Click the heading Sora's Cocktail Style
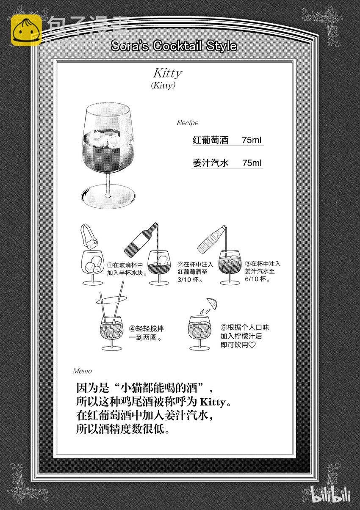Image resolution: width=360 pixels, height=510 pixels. pos(174,46)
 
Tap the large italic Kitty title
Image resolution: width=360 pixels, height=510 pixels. pos(168,73)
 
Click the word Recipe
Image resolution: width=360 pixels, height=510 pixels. pos(187,123)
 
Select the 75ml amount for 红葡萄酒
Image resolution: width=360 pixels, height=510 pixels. pos(252,140)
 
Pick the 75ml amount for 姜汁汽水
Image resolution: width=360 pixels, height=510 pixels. pos(252,163)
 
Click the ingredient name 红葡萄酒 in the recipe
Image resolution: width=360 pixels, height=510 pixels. pos(210,140)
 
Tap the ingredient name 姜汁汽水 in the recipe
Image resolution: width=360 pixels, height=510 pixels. pos(210,163)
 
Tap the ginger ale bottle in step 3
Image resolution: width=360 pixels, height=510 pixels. pos(211,239)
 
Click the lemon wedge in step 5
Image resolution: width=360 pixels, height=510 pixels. pos(212,303)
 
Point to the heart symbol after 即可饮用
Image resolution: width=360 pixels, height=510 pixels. pos(252,345)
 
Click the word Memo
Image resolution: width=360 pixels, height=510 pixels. pos(82,371)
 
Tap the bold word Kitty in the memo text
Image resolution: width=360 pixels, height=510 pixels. pos(213,402)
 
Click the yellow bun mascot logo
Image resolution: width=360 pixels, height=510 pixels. pos(26,30)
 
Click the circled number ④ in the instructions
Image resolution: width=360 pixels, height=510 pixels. pos(133,329)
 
